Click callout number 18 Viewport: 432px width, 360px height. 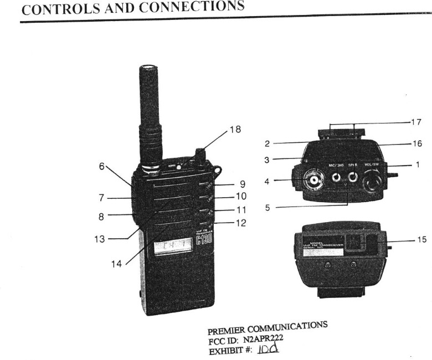tap(235, 130)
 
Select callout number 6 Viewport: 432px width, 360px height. tap(102, 166)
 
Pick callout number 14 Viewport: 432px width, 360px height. tap(116, 264)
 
